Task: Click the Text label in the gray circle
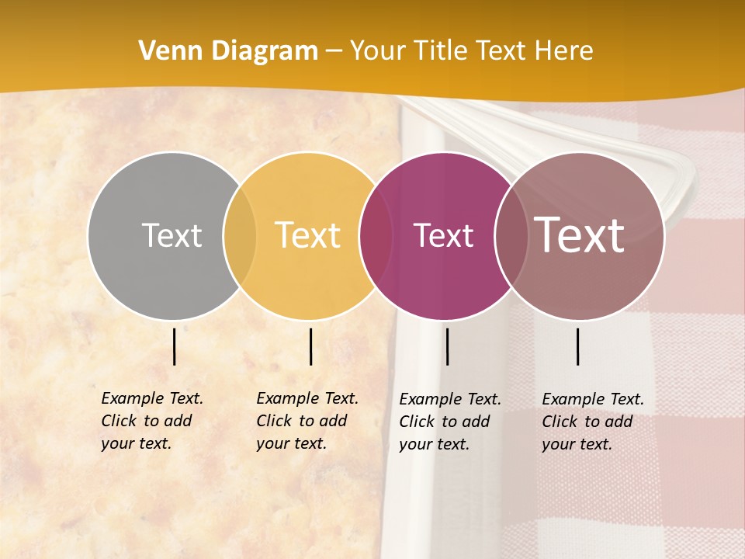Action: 172,235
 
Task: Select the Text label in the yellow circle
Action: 307,235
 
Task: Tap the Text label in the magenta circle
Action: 443,235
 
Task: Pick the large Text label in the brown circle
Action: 579,235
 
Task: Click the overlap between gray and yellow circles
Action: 240,235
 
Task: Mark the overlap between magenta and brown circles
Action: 509,235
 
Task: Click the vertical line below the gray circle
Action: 175,346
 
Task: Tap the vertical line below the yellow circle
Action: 310,346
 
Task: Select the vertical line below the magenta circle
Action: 448,346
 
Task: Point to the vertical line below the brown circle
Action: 578,346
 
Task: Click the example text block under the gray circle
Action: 151,421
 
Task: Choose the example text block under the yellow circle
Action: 307,421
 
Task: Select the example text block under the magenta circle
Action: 449,422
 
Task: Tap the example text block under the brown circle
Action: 592,422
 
